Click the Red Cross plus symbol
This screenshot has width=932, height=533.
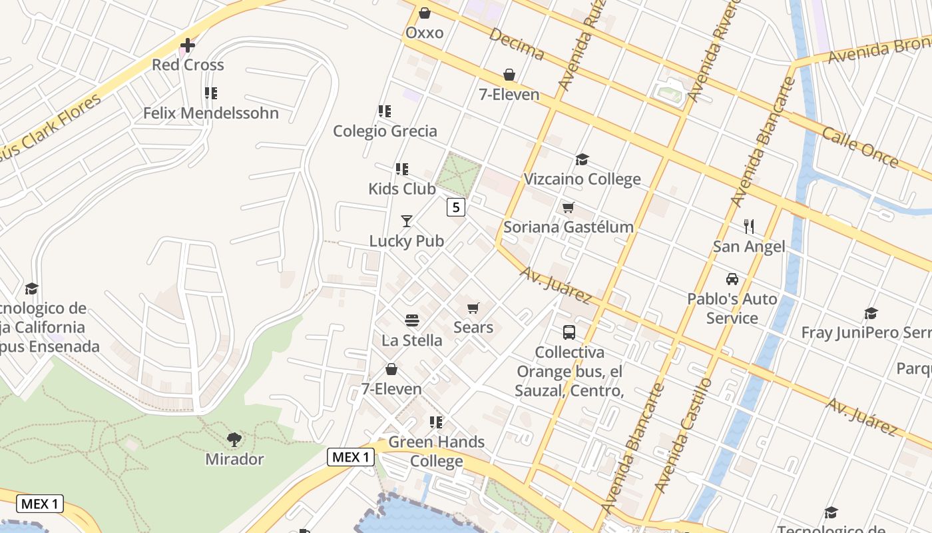click(188, 45)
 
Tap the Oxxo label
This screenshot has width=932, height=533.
click(424, 33)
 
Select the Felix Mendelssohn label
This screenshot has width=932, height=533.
click(211, 113)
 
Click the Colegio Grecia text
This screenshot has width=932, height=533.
click(385, 131)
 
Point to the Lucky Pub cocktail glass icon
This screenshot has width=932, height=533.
click(407, 221)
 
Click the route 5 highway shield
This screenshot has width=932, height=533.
click(455, 207)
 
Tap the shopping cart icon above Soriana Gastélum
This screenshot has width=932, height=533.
click(568, 208)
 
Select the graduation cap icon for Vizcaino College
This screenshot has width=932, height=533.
click(582, 159)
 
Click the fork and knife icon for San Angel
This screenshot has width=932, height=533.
click(749, 227)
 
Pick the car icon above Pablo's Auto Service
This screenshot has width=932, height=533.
click(732, 279)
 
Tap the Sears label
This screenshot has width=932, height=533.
click(473, 327)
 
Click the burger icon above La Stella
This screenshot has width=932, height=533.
click(411, 320)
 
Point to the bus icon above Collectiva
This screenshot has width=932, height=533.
click(569, 332)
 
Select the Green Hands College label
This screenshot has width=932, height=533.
click(437, 451)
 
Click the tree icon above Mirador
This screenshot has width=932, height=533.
click(234, 439)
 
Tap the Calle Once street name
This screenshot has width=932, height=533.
click(859, 147)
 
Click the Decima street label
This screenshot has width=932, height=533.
click(517, 44)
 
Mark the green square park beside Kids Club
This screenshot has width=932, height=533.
click(458, 174)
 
